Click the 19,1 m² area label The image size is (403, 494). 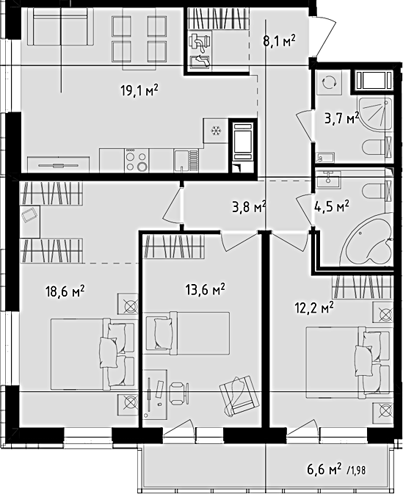click(139, 91)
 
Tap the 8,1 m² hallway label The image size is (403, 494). click(280, 40)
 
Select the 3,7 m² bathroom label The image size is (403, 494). click(342, 119)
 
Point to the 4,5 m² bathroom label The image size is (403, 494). click(332, 207)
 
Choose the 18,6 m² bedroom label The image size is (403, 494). click(65, 291)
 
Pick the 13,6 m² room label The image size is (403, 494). click(205, 290)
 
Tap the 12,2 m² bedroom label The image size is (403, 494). click(314, 309)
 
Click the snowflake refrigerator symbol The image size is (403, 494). click(216, 131)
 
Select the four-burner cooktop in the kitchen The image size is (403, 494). click(137, 160)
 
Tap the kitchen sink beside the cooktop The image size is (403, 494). click(186, 160)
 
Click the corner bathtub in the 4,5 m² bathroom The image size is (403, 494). click(368, 239)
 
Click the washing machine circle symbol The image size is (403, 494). click(330, 82)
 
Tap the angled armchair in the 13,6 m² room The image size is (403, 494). click(239, 395)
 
